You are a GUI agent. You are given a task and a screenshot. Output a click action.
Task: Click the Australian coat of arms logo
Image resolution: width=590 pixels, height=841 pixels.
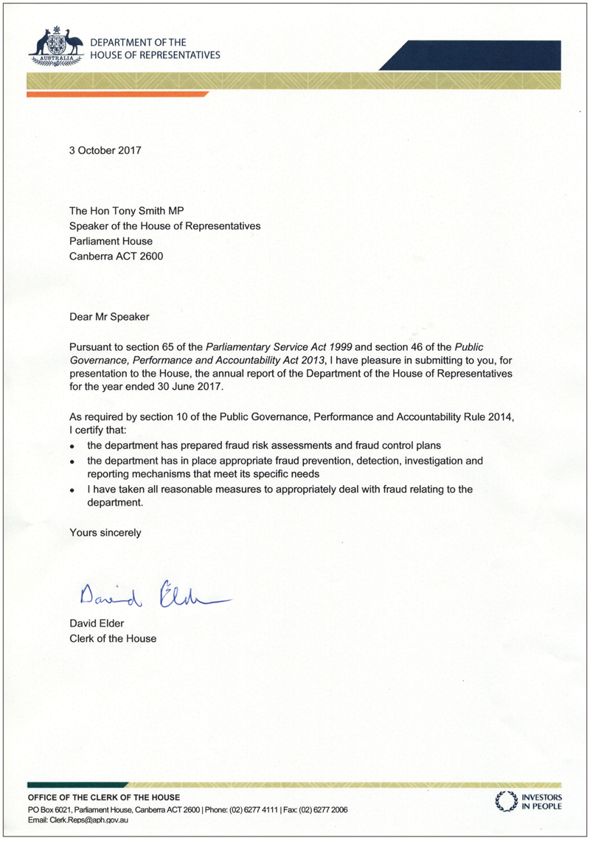(x=55, y=43)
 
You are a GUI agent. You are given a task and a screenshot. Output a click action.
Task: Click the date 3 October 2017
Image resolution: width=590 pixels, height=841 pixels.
(x=105, y=150)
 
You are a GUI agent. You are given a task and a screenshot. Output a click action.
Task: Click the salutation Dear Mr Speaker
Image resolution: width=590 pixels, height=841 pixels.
(x=109, y=317)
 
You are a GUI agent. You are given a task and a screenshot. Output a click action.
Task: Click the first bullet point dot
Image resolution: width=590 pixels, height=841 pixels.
(x=72, y=447)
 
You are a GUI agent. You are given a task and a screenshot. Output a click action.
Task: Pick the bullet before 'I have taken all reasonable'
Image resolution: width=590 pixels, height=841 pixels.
(x=72, y=490)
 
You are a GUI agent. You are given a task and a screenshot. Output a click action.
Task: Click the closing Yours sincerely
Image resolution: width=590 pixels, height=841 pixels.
(x=105, y=531)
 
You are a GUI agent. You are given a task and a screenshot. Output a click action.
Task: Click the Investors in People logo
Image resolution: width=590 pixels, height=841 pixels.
(x=529, y=801)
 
